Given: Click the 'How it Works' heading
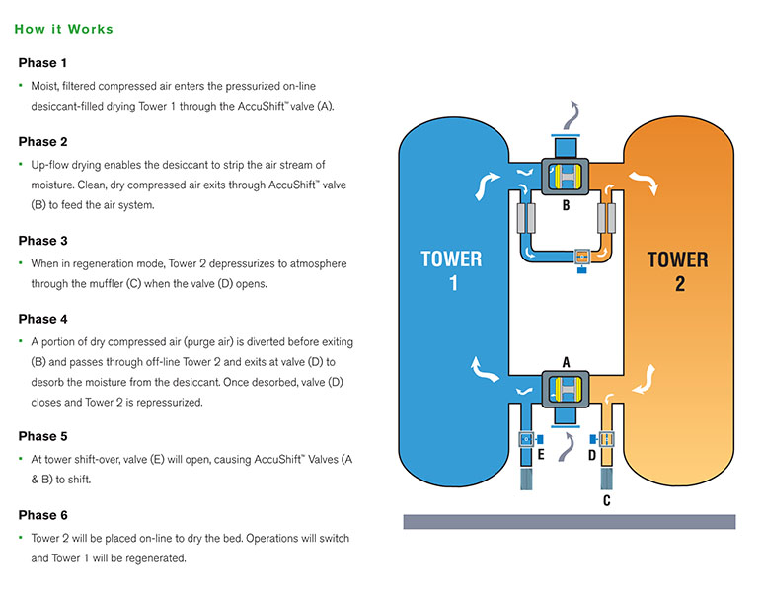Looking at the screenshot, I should pyautogui.click(x=64, y=29).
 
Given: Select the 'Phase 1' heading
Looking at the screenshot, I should pyautogui.click(x=43, y=63).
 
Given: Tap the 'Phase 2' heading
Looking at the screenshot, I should pyautogui.click(x=43, y=141).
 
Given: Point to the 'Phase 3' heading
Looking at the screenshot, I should pyautogui.click(x=43, y=240).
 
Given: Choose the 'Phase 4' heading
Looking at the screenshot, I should pyautogui.click(x=43, y=319).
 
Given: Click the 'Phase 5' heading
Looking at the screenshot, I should pyautogui.click(x=43, y=436).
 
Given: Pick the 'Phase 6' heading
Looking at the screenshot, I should pyautogui.click(x=43, y=515).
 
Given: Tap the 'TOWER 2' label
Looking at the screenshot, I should pyautogui.click(x=677, y=272).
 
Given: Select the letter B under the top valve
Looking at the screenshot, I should pyautogui.click(x=567, y=206).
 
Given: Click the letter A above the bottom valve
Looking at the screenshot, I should pyautogui.click(x=567, y=362).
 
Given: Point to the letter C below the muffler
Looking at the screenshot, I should pyautogui.click(x=606, y=501).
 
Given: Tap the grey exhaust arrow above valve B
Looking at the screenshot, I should pyautogui.click(x=571, y=115).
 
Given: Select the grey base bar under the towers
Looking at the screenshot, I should pyautogui.click(x=569, y=521).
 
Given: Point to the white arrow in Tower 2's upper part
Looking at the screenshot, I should pyautogui.click(x=648, y=180).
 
